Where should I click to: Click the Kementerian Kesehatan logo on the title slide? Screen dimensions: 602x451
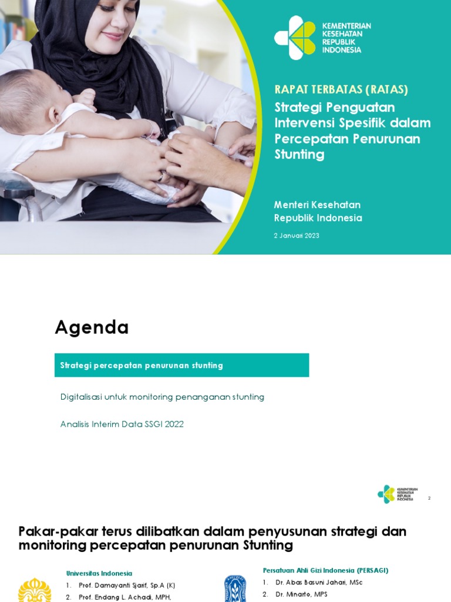[x=295, y=38]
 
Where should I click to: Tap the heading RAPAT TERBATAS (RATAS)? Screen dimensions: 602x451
[x=341, y=89]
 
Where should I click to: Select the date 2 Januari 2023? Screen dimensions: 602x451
[x=297, y=236]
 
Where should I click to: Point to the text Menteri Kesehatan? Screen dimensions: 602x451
[x=317, y=205]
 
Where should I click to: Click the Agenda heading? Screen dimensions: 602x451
[x=92, y=327]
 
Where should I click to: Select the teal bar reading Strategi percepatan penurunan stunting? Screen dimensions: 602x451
[x=181, y=365]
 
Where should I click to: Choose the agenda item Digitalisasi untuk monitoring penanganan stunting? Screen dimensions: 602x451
[x=162, y=397]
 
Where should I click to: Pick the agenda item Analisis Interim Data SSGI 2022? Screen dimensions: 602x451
[x=122, y=424]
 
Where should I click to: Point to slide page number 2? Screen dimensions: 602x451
[x=429, y=498]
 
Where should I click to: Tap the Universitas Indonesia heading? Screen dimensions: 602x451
[x=99, y=573]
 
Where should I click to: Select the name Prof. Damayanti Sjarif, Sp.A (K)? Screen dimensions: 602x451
[x=126, y=586]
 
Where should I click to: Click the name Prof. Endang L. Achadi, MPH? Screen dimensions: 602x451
[x=124, y=597]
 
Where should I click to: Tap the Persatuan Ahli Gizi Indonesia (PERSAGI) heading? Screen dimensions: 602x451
[x=325, y=570]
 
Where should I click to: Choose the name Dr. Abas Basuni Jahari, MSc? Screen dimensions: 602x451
[x=318, y=583]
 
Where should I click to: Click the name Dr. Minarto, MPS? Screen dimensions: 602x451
[x=302, y=594]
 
